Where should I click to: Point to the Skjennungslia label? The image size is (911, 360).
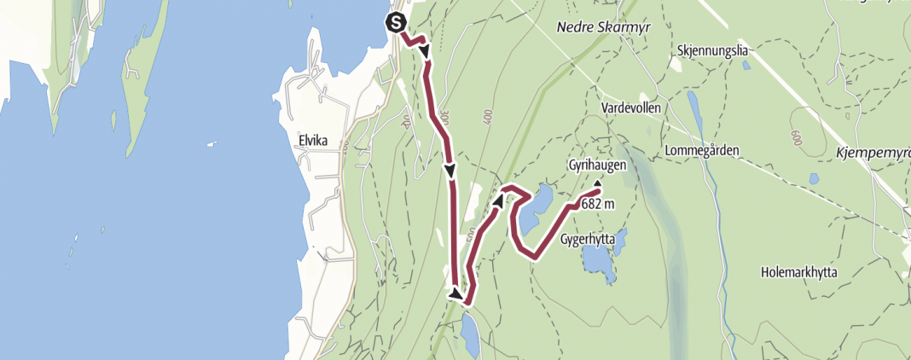(x=713, y=50)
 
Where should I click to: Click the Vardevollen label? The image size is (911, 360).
(x=631, y=108)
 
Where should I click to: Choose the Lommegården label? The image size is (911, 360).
(x=701, y=151)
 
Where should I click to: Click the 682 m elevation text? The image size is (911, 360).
(x=596, y=204)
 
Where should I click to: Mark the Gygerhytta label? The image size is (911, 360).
(x=588, y=240)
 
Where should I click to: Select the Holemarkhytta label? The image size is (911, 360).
(x=799, y=273)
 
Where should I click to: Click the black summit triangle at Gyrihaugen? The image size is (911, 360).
(x=598, y=183)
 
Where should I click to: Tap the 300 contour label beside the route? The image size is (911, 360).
(x=444, y=114)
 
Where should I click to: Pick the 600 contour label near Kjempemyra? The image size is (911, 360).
(x=798, y=136)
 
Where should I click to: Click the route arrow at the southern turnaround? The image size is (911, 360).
(x=458, y=294)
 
